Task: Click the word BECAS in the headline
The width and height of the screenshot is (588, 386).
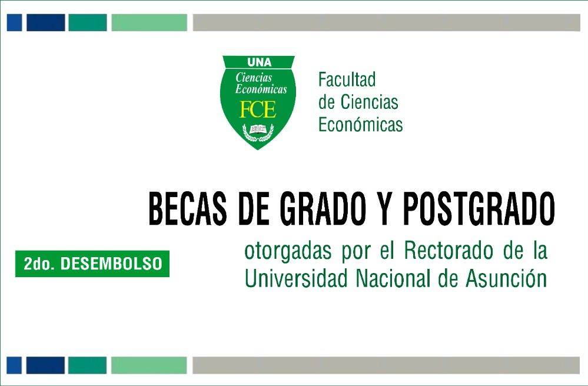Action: (x=188, y=209)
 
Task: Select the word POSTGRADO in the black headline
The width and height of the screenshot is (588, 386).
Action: (x=479, y=209)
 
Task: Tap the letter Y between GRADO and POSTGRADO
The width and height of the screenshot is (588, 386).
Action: (x=384, y=209)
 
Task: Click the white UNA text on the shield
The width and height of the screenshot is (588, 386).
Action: (x=258, y=62)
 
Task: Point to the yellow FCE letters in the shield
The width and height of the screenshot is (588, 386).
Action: (x=258, y=110)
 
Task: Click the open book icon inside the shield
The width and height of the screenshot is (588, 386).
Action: (x=258, y=128)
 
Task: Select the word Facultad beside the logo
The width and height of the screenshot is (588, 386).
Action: (x=347, y=79)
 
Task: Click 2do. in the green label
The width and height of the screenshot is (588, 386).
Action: (x=39, y=265)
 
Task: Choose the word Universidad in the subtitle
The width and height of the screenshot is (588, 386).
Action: (x=295, y=278)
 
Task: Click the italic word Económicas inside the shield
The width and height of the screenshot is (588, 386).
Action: (x=261, y=89)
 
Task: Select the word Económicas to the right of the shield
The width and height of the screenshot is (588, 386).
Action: (x=360, y=125)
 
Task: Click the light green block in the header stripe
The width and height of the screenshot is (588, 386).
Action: (x=149, y=23)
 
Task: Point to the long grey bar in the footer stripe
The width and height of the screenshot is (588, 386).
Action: (x=386, y=365)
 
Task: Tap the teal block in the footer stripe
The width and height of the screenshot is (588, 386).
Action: (x=87, y=365)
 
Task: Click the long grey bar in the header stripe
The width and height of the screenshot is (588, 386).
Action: (x=386, y=23)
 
